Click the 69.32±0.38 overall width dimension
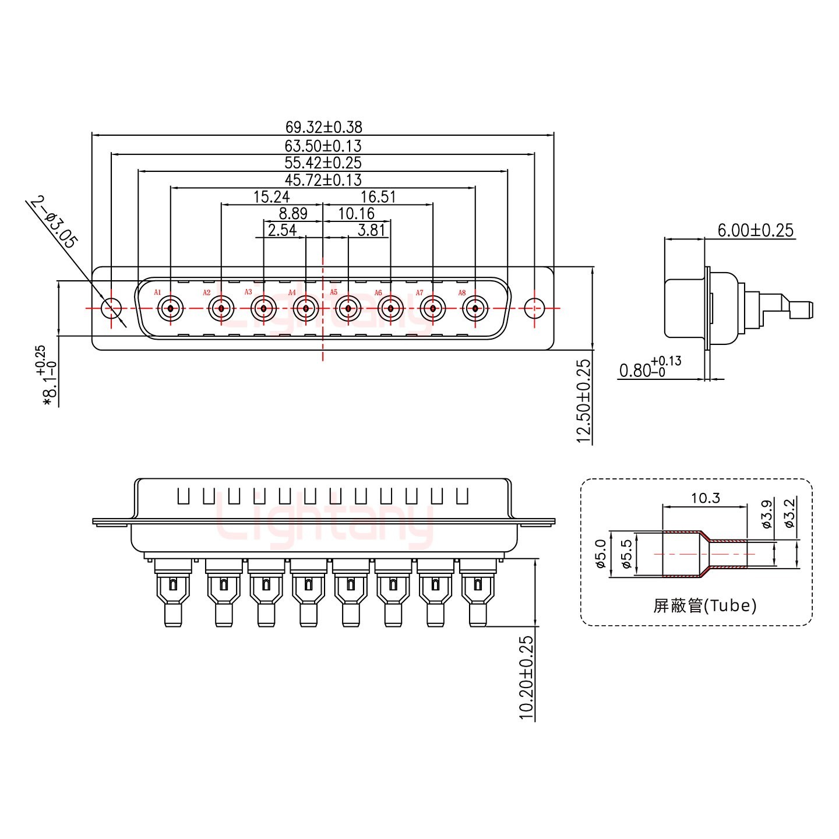323,126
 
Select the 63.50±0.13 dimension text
323,146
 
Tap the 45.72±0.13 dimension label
323,180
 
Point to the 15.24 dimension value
272,197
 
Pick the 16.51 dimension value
378,197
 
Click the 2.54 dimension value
282,230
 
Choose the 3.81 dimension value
371,230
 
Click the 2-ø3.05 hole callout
53,223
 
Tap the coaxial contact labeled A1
171,308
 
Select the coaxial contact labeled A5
348,308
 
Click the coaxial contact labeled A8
475,308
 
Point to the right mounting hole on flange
534,308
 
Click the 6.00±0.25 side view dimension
755,230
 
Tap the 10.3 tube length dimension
705,498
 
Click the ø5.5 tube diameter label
627,554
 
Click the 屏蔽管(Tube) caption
705,606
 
